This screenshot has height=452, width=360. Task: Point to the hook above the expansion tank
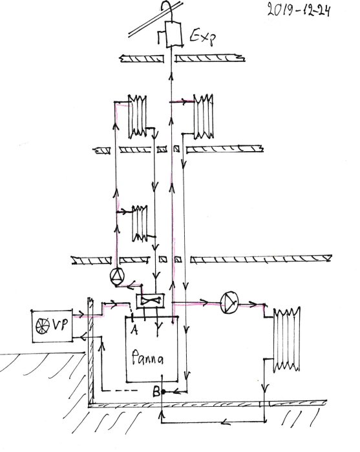(x=168, y=9)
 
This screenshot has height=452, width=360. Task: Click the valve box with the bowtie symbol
(x=153, y=300)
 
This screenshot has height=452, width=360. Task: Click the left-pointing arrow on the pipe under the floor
(x=224, y=424)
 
